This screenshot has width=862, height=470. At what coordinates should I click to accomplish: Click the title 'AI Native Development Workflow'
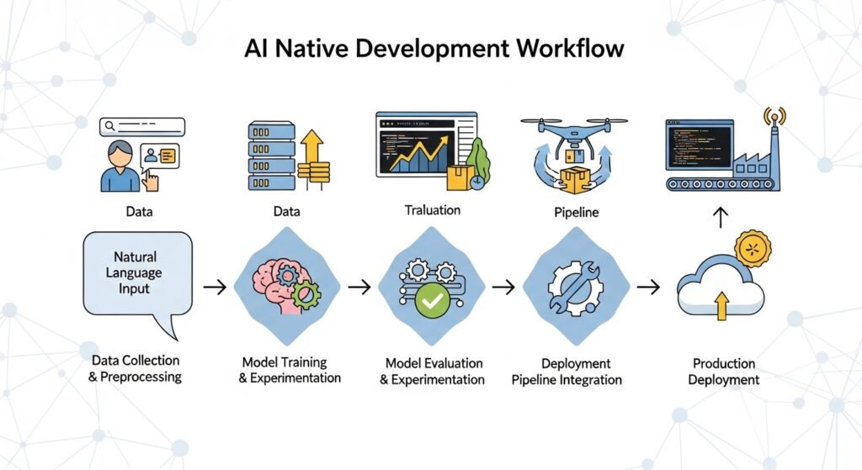[434, 49]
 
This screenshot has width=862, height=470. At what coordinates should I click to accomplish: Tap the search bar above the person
[141, 127]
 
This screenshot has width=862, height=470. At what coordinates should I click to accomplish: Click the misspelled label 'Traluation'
[432, 210]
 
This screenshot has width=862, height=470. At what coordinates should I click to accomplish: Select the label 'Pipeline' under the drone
[577, 212]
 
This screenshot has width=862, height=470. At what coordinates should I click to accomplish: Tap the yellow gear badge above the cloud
[753, 249]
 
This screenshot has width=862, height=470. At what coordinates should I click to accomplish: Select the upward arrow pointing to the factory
[720, 219]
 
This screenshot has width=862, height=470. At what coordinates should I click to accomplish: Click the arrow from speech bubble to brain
[215, 288]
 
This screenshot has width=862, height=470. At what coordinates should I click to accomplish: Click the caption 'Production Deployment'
[723, 372]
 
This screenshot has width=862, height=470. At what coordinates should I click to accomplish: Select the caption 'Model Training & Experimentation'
[290, 370]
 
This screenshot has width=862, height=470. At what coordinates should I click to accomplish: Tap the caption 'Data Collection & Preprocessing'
[135, 368]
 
